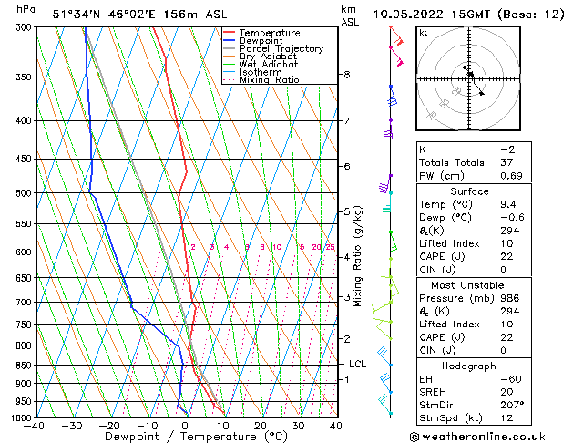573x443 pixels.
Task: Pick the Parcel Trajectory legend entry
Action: (281, 49)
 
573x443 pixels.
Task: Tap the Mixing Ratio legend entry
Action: (270, 80)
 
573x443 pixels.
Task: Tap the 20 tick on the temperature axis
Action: (260, 426)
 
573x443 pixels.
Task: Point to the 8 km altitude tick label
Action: (346, 75)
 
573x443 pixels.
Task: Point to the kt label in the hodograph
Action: (424, 33)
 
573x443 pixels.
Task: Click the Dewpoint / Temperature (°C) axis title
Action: (185, 437)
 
